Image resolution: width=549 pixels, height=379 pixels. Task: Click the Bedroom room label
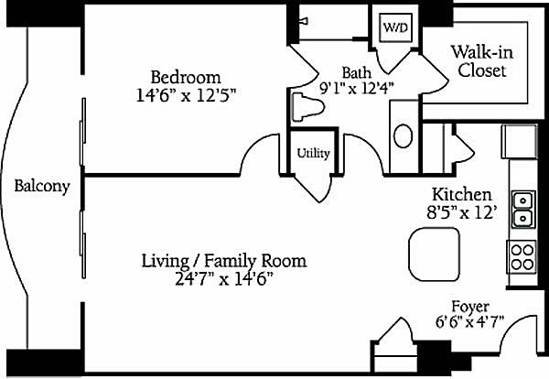[186, 77]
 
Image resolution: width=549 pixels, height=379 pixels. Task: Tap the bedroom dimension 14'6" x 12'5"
[186, 95]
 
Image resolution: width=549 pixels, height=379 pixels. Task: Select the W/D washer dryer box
[396, 27]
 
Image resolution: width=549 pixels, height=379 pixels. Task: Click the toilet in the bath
[307, 107]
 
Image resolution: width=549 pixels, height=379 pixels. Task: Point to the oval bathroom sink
[403, 135]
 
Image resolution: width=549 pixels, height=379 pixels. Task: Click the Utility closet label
[313, 154]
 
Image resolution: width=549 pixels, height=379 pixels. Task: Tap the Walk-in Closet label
[482, 61]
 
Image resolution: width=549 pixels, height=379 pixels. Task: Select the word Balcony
[42, 186]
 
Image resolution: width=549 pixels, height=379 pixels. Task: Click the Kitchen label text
[462, 194]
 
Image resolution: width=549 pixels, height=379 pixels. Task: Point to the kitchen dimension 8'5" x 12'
[462, 211]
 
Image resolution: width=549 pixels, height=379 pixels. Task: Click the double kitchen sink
[523, 209]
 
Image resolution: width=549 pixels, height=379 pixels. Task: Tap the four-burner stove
[522, 257]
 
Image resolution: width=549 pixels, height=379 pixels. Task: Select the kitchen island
[434, 254]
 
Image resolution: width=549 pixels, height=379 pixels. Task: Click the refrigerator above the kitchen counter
[519, 142]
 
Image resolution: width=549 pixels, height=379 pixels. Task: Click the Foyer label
[470, 307]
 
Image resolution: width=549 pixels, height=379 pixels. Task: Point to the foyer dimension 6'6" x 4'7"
[470, 321]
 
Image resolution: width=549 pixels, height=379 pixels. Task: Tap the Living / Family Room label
[224, 261]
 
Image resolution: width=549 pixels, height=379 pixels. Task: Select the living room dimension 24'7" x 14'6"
[224, 279]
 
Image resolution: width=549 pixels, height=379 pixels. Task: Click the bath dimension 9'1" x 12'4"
[357, 88]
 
